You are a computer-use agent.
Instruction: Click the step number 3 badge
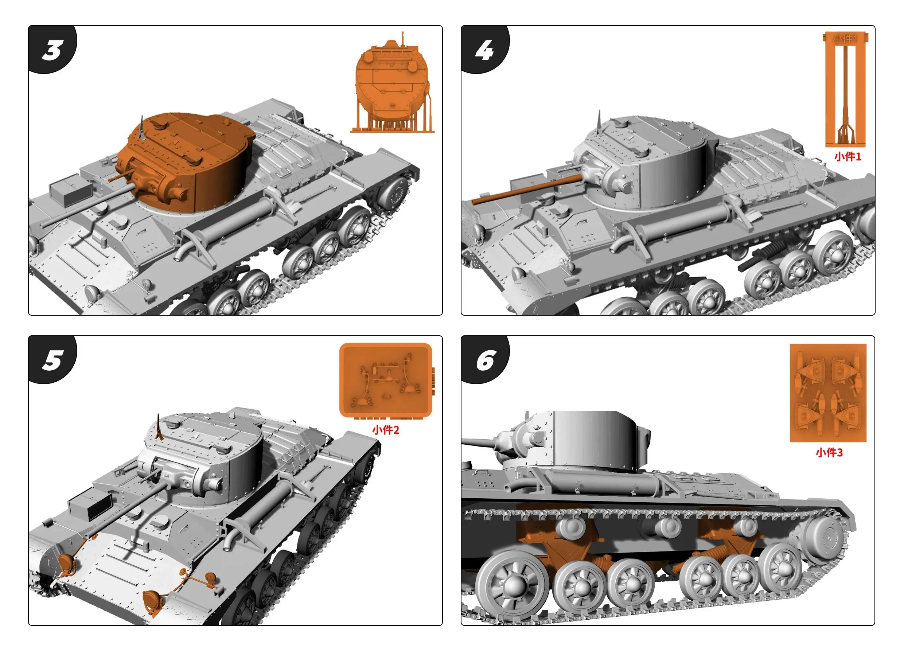pos(52,50)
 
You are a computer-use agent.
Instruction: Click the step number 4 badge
pos(484,50)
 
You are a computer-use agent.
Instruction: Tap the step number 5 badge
pos(52,360)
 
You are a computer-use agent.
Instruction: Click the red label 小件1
pos(847,157)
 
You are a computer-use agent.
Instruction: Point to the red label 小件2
pos(385,430)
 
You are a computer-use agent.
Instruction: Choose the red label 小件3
pos(829,452)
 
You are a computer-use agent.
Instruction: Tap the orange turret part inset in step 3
pos(393,84)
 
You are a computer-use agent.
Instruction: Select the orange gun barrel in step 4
pos(526,190)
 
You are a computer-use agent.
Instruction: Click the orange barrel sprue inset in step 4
pos(845,90)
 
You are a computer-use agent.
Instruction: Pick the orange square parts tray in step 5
pos(385,379)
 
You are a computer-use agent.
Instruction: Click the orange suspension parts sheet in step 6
pos(828,393)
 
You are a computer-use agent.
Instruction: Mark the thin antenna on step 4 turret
pos(599,124)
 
